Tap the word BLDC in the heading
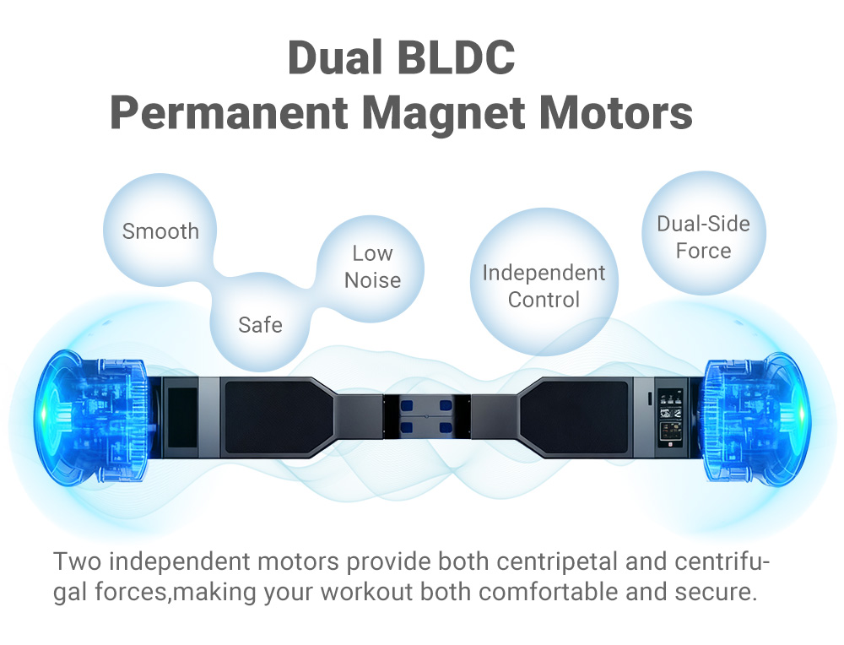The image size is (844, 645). pos(459,57)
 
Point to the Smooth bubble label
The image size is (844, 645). pos(160,231)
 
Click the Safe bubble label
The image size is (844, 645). pos(260,324)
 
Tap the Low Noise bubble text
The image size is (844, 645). pos(372,267)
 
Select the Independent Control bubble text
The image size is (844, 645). pos(544,286)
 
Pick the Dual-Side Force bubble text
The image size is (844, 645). pos(703,237)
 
